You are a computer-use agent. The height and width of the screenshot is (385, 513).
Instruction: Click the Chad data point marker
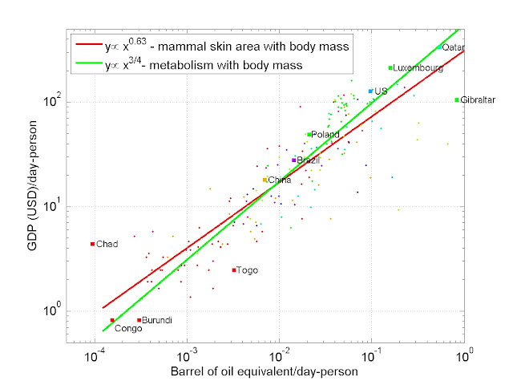point(92,244)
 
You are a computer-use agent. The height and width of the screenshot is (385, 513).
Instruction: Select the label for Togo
point(247,270)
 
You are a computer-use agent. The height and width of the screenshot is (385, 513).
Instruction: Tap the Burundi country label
point(156,320)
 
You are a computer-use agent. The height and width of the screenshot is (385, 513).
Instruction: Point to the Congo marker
point(112,320)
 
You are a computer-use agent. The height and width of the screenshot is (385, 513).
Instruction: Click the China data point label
point(279,180)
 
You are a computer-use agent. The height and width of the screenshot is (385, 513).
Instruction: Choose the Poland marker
point(309,135)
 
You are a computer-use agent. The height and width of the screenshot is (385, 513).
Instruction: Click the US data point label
point(381,91)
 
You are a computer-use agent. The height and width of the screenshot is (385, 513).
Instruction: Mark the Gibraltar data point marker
point(457,100)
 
